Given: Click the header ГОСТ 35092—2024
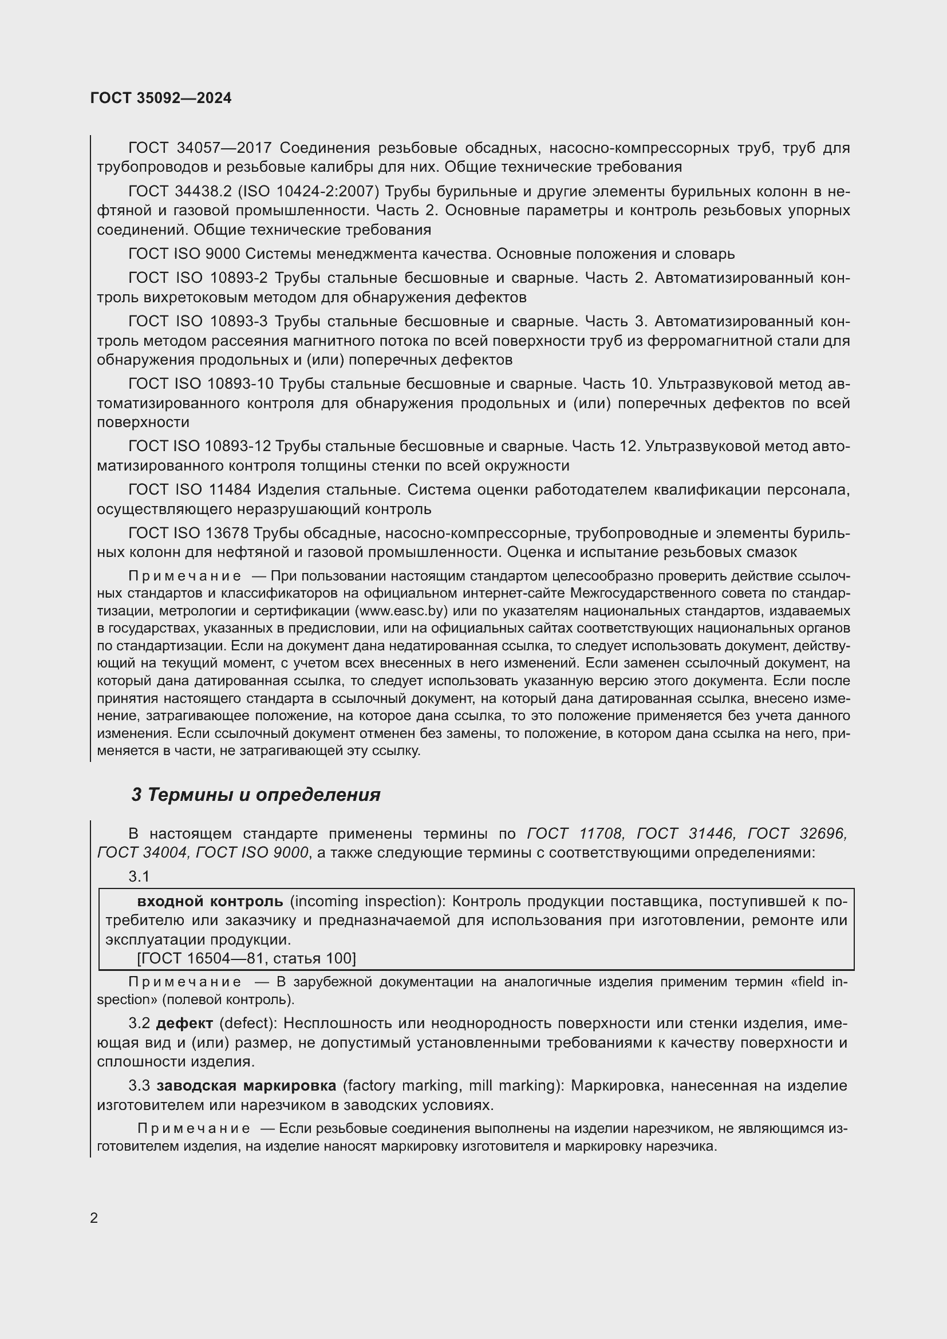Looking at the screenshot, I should (161, 98).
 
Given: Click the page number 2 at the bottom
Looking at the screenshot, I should (94, 1218).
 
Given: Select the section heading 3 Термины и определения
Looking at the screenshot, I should (255, 795).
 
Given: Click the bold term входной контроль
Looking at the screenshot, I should (210, 901).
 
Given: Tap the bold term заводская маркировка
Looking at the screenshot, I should (246, 1085).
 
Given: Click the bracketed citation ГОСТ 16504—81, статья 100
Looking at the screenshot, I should (246, 958).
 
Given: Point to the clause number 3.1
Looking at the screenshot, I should (139, 876).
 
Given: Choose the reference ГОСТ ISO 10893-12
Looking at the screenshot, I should (199, 446).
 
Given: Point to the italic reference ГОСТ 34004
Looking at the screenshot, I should (143, 852).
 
